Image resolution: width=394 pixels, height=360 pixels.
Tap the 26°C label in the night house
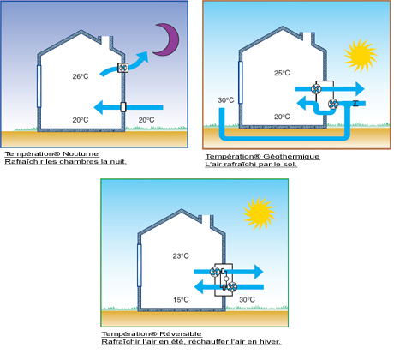pos(81,76)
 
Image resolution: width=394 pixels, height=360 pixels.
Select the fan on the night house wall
pos(123,68)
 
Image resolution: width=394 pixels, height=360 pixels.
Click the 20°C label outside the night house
pos(146,120)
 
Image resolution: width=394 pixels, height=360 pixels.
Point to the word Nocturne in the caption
pos(81,154)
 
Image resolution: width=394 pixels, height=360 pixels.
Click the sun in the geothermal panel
pos(361,56)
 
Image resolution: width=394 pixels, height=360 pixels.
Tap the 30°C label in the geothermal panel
pos(226,100)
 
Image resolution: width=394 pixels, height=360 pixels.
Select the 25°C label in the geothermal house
pos(282,73)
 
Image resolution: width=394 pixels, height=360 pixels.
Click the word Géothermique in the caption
pos(291,157)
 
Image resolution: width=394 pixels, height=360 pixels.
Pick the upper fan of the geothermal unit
pos(316,89)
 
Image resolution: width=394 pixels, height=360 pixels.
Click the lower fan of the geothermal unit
pos(333,104)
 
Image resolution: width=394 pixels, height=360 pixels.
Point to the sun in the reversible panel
pos(260,213)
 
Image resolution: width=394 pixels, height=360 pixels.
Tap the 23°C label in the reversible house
pos(181,256)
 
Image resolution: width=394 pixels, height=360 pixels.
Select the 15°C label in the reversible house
pos(181,300)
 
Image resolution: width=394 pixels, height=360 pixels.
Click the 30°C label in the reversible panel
pos(248,300)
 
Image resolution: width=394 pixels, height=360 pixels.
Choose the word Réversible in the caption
pos(181,333)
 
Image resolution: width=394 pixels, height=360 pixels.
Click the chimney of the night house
pos(105,41)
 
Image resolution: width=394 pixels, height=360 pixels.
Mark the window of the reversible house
pos(140,266)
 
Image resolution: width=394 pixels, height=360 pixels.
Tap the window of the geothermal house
pos(241,82)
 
